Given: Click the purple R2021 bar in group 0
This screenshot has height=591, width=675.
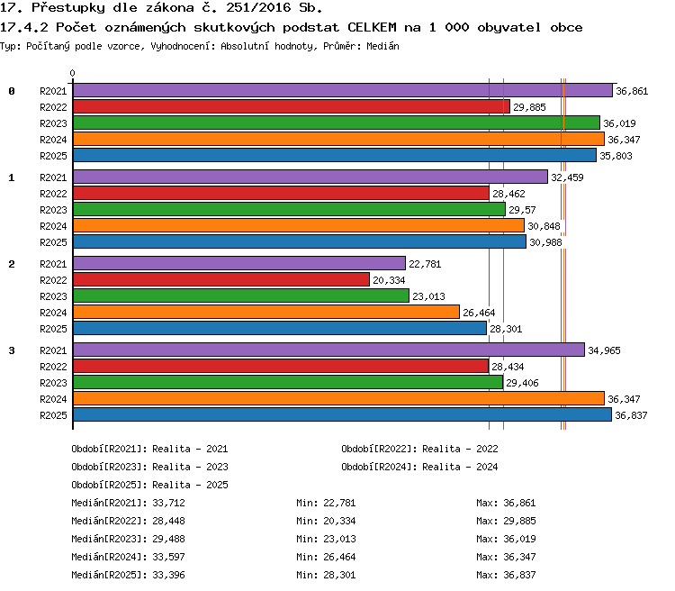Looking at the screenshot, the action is (x=343, y=90).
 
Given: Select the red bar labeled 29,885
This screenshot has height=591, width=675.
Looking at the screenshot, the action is (x=292, y=106).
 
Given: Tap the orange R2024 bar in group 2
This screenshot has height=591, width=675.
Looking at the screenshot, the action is (x=266, y=312).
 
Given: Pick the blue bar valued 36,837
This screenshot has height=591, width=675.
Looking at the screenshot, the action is (x=342, y=414).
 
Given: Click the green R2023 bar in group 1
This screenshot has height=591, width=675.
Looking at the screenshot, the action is (x=289, y=210).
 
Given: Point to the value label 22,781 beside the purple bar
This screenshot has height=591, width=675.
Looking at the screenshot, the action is (x=425, y=264).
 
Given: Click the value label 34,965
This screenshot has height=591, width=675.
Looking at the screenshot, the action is (x=605, y=350).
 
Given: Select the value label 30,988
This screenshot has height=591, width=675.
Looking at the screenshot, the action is (x=546, y=242).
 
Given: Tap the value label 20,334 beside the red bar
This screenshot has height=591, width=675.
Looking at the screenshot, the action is (x=389, y=280).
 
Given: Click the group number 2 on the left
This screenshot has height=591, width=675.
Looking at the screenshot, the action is (x=12, y=264).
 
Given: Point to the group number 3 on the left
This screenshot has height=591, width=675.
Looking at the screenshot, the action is (x=12, y=350).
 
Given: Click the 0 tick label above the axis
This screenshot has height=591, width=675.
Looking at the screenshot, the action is (x=72, y=73).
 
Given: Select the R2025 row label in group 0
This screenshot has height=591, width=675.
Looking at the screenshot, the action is (x=53, y=156).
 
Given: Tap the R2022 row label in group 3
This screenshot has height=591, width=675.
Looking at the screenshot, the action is (x=53, y=367).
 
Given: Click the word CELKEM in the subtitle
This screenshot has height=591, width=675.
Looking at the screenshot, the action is (x=372, y=27).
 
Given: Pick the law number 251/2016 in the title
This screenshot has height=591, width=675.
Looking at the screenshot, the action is (x=258, y=8).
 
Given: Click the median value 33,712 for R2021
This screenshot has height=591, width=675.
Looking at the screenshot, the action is (x=169, y=503).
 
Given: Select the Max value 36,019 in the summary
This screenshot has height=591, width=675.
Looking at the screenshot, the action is (x=519, y=539).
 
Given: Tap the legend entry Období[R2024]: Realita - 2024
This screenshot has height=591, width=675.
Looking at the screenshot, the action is (x=419, y=467).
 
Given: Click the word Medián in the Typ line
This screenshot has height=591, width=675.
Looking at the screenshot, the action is (x=382, y=46).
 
